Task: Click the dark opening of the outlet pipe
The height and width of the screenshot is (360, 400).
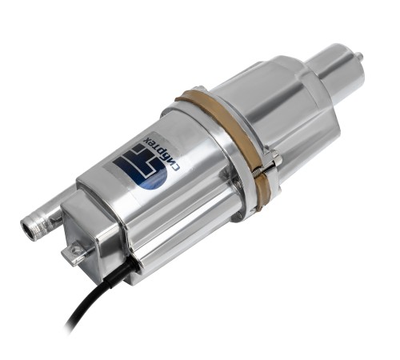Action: click(x=28, y=224)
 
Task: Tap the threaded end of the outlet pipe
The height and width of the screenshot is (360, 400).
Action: click(x=33, y=222)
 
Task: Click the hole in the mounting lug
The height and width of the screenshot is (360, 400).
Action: click(x=77, y=250)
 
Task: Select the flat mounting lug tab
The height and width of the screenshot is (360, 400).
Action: click(x=74, y=253)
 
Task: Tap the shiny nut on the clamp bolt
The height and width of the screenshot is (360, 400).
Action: click(x=274, y=158)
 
